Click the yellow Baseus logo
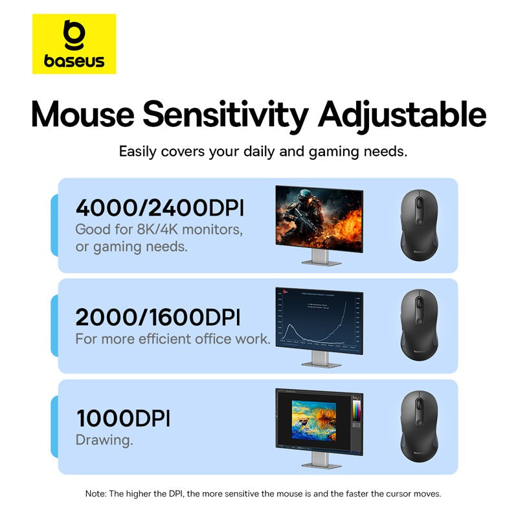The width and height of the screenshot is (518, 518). pyautogui.click(x=74, y=44)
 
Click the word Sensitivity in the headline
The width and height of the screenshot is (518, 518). pyautogui.click(x=225, y=114)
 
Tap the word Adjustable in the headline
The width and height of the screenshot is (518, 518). pyautogui.click(x=402, y=114)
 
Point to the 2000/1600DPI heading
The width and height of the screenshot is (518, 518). pyautogui.click(x=158, y=317)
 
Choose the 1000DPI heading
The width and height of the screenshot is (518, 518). pyautogui.click(x=123, y=418)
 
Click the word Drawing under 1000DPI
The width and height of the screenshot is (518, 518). pyautogui.click(x=104, y=440)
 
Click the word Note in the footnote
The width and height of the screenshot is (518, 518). pyautogui.click(x=96, y=493)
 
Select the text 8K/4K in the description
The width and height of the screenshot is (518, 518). pyautogui.click(x=153, y=229)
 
